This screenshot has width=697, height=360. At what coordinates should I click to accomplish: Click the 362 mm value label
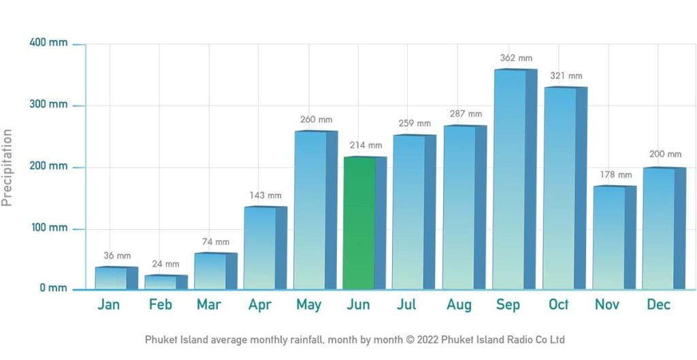click(x=516, y=59)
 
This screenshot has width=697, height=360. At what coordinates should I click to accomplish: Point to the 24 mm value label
click(x=165, y=264)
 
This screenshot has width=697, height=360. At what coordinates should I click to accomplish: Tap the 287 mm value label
click(x=466, y=114)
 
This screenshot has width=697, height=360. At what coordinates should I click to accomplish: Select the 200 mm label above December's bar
click(x=665, y=154)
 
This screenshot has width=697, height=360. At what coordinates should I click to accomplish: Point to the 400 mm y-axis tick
click(x=49, y=43)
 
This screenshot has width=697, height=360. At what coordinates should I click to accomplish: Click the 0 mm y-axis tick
click(x=53, y=288)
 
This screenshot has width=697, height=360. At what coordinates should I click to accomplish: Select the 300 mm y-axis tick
click(x=49, y=105)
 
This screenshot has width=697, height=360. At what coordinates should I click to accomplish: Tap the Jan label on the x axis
click(x=108, y=304)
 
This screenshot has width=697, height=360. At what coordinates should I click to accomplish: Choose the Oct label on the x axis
click(x=558, y=304)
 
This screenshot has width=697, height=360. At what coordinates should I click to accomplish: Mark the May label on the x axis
click(x=308, y=304)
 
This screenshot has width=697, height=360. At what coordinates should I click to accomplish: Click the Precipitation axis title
click(x=8, y=167)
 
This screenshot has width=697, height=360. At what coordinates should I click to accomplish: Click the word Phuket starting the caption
click(x=161, y=339)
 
